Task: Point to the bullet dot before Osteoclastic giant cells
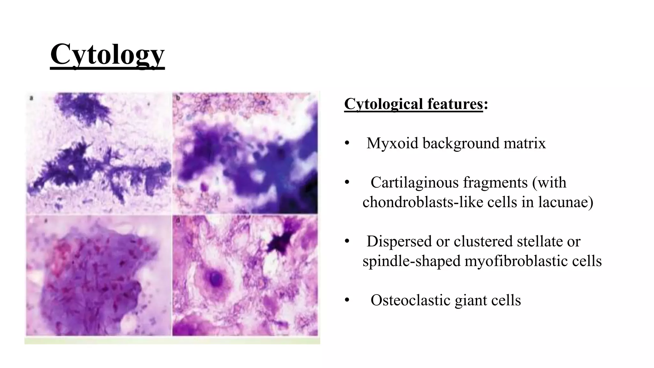[347, 301]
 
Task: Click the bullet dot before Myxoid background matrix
[347, 143]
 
